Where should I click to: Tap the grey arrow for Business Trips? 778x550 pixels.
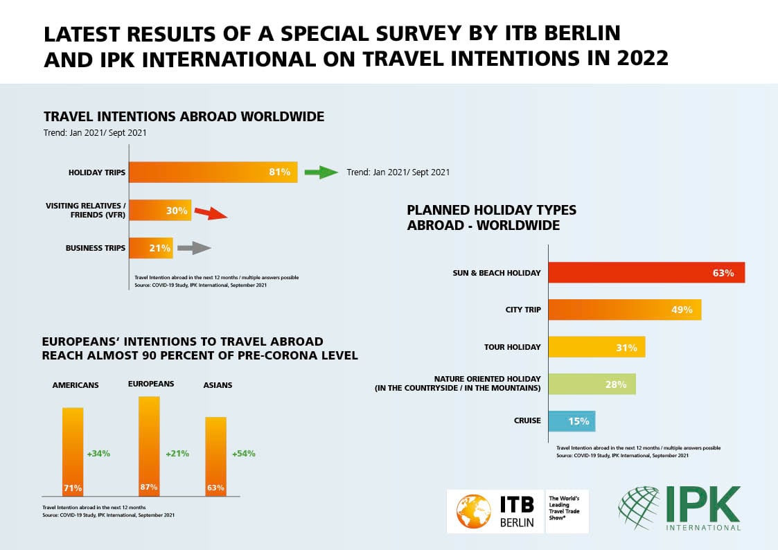coord(194,248)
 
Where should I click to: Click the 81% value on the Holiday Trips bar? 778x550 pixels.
coord(279,172)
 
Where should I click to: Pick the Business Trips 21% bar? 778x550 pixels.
coord(151,248)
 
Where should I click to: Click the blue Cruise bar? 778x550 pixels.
coord(572,420)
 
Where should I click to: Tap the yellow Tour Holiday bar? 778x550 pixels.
coord(596,347)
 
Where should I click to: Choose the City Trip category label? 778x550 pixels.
coord(523,310)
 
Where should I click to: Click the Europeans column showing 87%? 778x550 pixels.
coord(149,445)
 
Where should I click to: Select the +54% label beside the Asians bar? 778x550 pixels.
coord(243,454)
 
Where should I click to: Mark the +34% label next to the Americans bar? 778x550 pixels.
coord(98,454)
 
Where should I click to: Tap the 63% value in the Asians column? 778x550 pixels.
coord(215,488)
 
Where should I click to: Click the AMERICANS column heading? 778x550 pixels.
coord(76,385)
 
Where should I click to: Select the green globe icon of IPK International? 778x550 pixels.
coord(639,508)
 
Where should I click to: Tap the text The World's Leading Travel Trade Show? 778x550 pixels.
coord(566,511)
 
